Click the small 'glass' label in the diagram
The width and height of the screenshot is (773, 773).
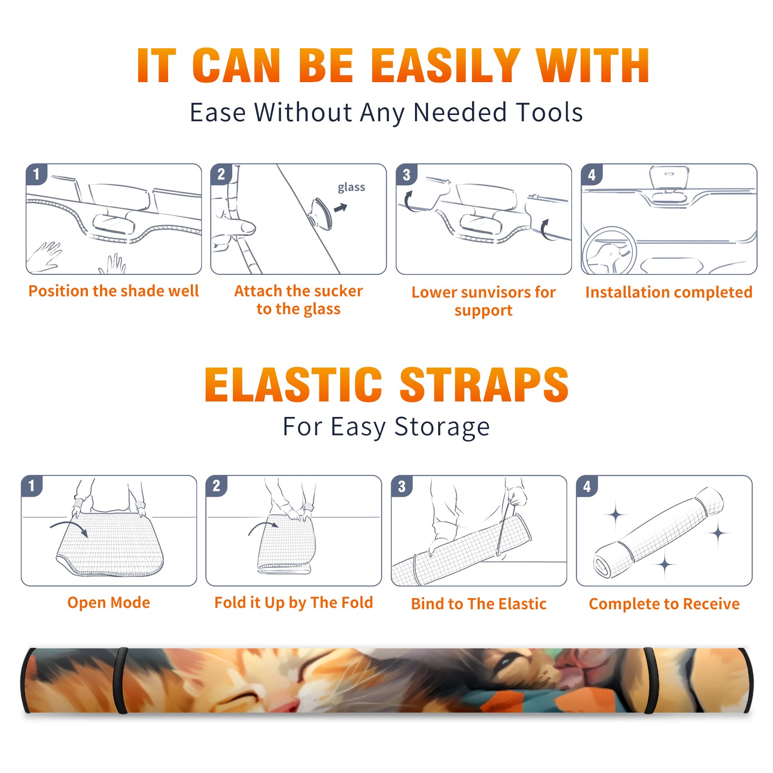(x=351, y=187)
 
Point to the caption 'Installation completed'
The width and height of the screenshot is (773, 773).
(x=669, y=292)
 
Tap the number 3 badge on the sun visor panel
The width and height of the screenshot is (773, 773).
(x=406, y=175)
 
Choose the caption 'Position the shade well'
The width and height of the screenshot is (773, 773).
(x=114, y=291)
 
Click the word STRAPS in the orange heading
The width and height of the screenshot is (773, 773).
(x=484, y=385)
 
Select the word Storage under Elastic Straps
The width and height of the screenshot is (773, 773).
(x=442, y=428)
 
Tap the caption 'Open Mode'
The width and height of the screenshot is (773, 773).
(x=109, y=603)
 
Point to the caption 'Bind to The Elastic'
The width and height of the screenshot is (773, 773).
(x=479, y=604)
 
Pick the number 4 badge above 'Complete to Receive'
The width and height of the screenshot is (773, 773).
(x=587, y=486)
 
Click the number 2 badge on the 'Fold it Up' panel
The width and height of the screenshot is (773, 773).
(x=216, y=486)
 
